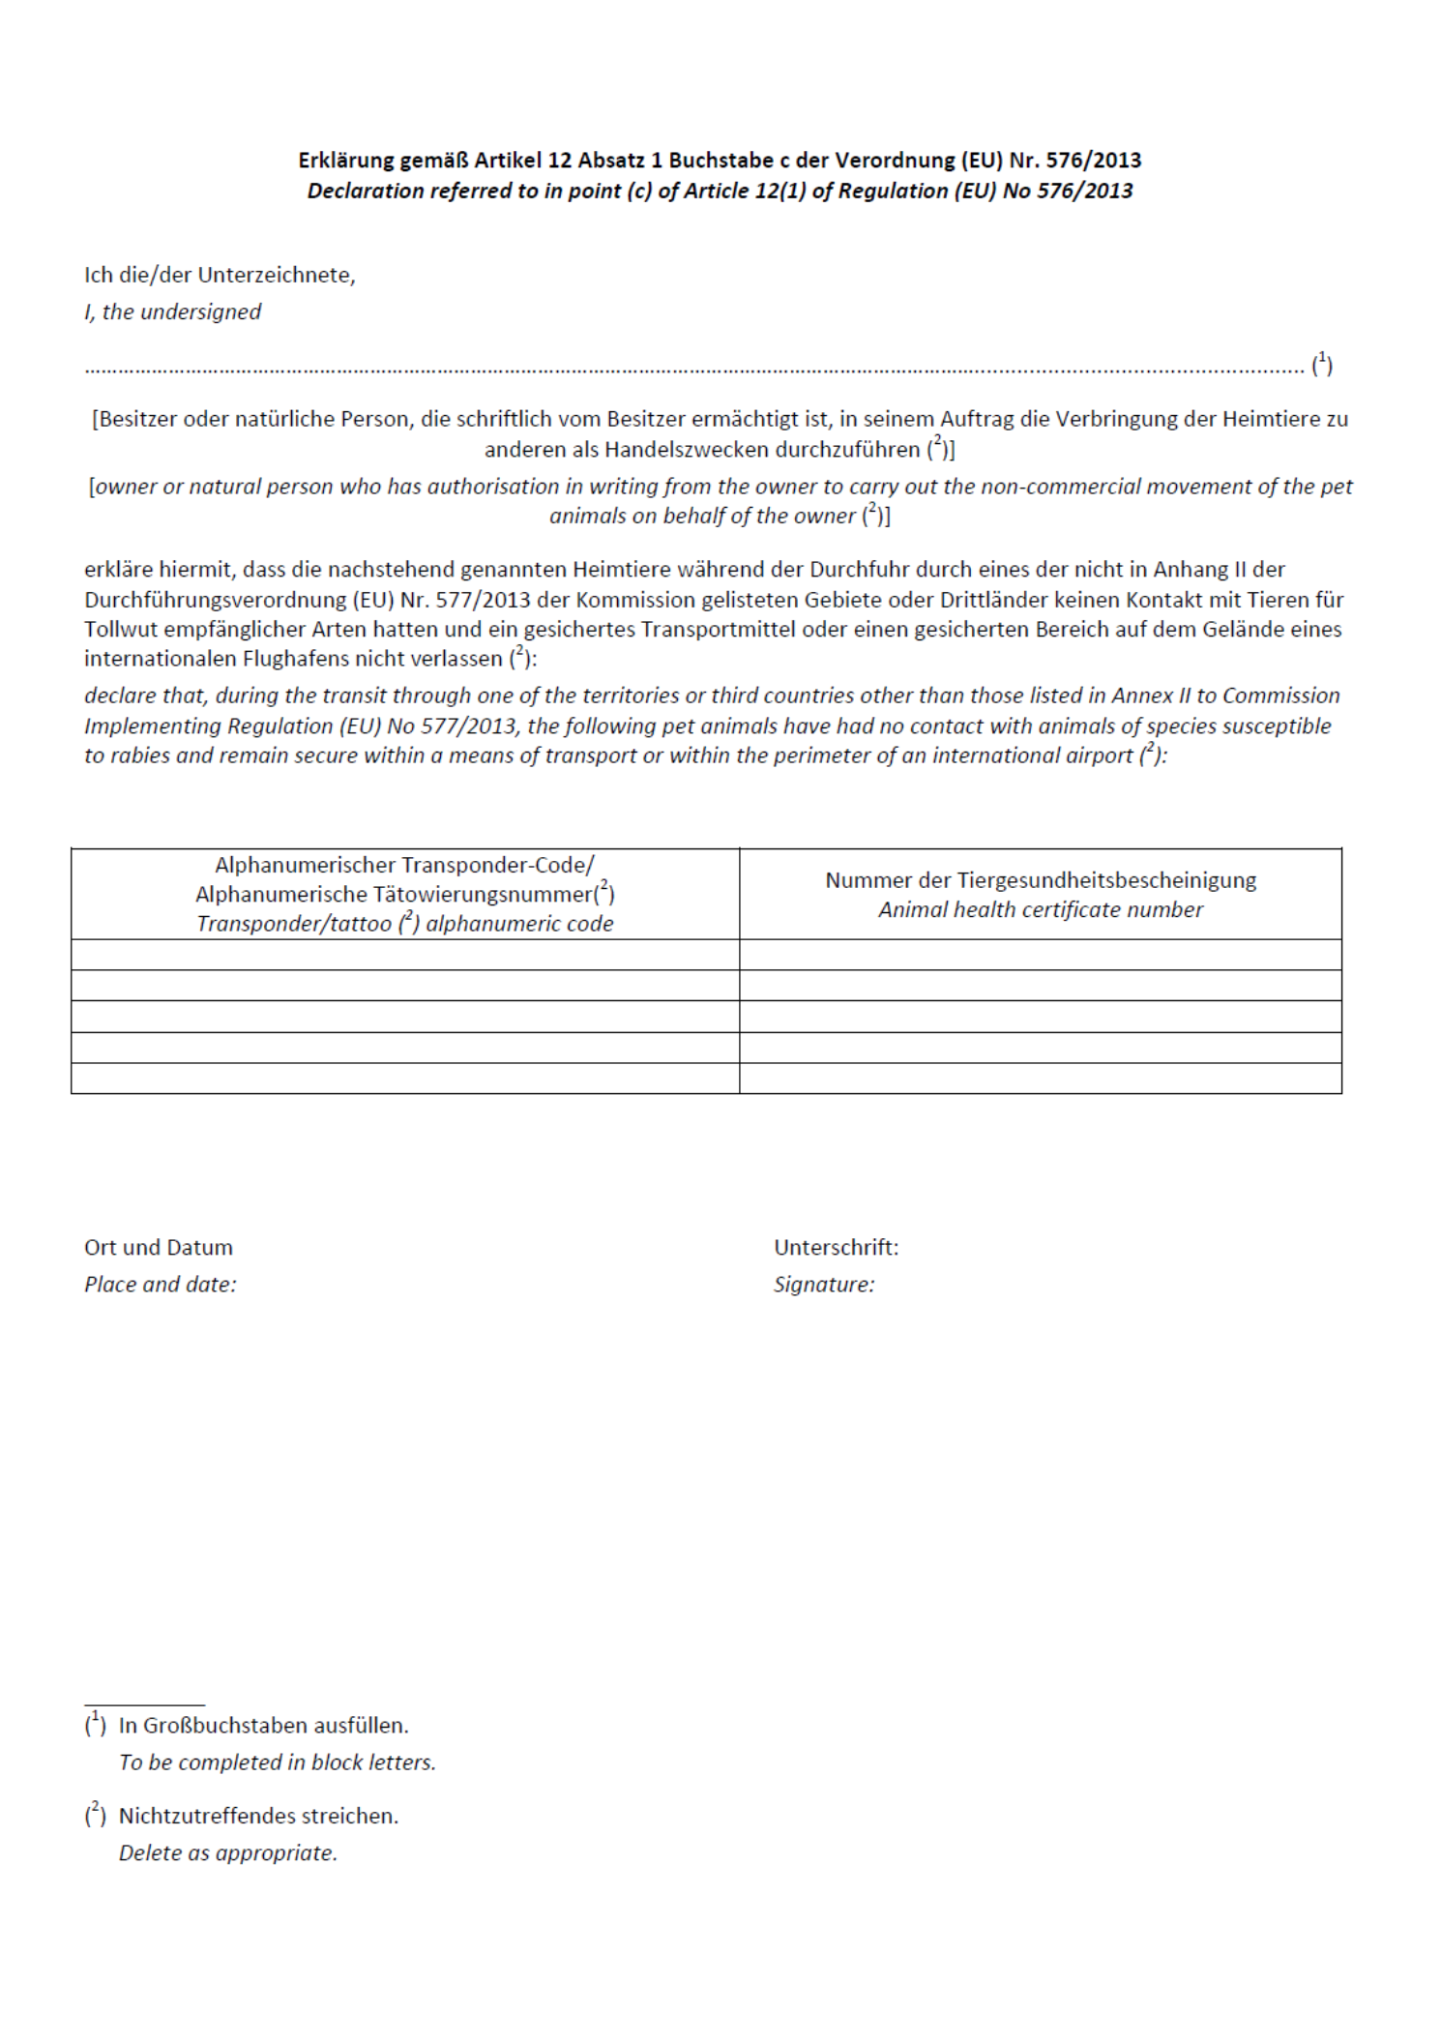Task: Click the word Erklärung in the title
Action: (x=346, y=161)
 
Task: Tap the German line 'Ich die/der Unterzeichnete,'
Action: (x=220, y=276)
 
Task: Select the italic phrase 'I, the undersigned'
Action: (x=172, y=312)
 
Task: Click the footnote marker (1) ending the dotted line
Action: (x=1321, y=365)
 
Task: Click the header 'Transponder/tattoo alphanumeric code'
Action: (x=404, y=924)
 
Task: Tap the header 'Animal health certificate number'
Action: (x=1040, y=910)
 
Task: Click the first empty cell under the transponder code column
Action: (x=404, y=955)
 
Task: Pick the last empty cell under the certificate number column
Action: (x=1040, y=1079)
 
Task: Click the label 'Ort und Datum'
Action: (x=159, y=1248)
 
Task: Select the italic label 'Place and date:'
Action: (x=160, y=1285)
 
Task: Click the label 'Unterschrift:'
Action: (x=836, y=1248)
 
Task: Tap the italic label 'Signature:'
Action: (x=823, y=1285)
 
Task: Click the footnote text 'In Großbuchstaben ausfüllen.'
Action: (x=263, y=1726)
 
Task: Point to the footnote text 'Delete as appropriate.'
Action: (x=227, y=1853)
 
